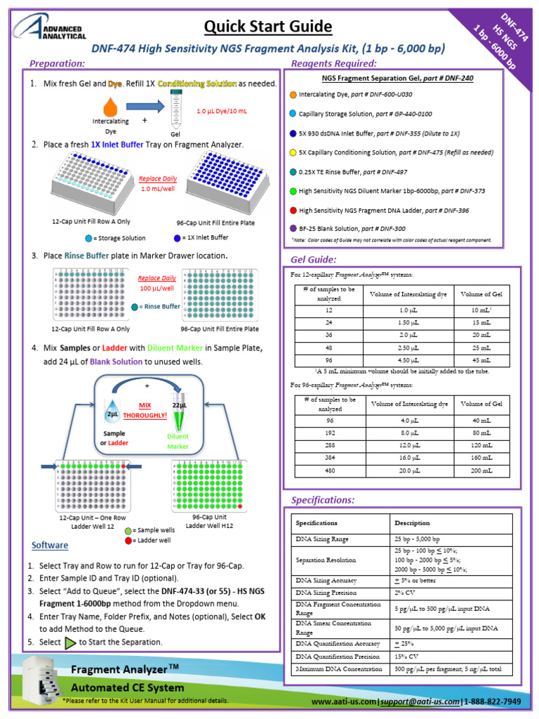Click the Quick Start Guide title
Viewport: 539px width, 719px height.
[268, 27]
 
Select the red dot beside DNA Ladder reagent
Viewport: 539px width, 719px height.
[292, 210]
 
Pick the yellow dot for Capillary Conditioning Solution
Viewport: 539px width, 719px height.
[292, 152]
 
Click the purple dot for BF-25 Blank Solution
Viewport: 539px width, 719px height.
[292, 229]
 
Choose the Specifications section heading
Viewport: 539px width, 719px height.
[323, 500]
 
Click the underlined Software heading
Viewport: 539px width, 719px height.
[50, 546]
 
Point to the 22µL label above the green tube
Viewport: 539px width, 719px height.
[179, 406]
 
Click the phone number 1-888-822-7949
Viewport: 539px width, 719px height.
[493, 701]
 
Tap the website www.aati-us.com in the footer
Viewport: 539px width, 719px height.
[343, 701]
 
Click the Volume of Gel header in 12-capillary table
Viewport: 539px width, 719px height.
[481, 293]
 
